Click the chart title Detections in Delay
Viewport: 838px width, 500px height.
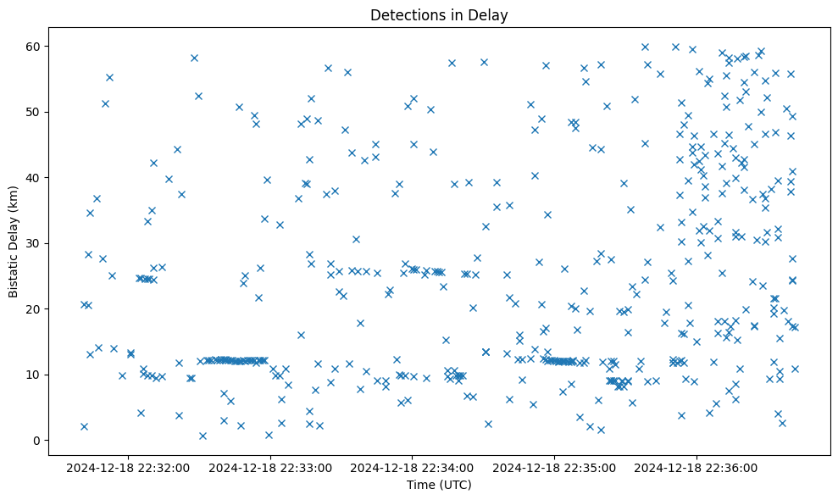439,14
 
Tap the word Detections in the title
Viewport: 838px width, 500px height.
402,14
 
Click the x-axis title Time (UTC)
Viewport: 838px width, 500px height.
439,485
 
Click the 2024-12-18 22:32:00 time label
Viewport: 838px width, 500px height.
127,467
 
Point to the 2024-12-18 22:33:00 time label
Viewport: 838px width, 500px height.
269,467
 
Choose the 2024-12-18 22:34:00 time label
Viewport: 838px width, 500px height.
412,467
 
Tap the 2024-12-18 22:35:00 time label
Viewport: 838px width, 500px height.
554,467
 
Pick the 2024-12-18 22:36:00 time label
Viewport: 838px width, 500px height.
696,467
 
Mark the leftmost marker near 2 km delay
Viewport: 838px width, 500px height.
84,426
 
